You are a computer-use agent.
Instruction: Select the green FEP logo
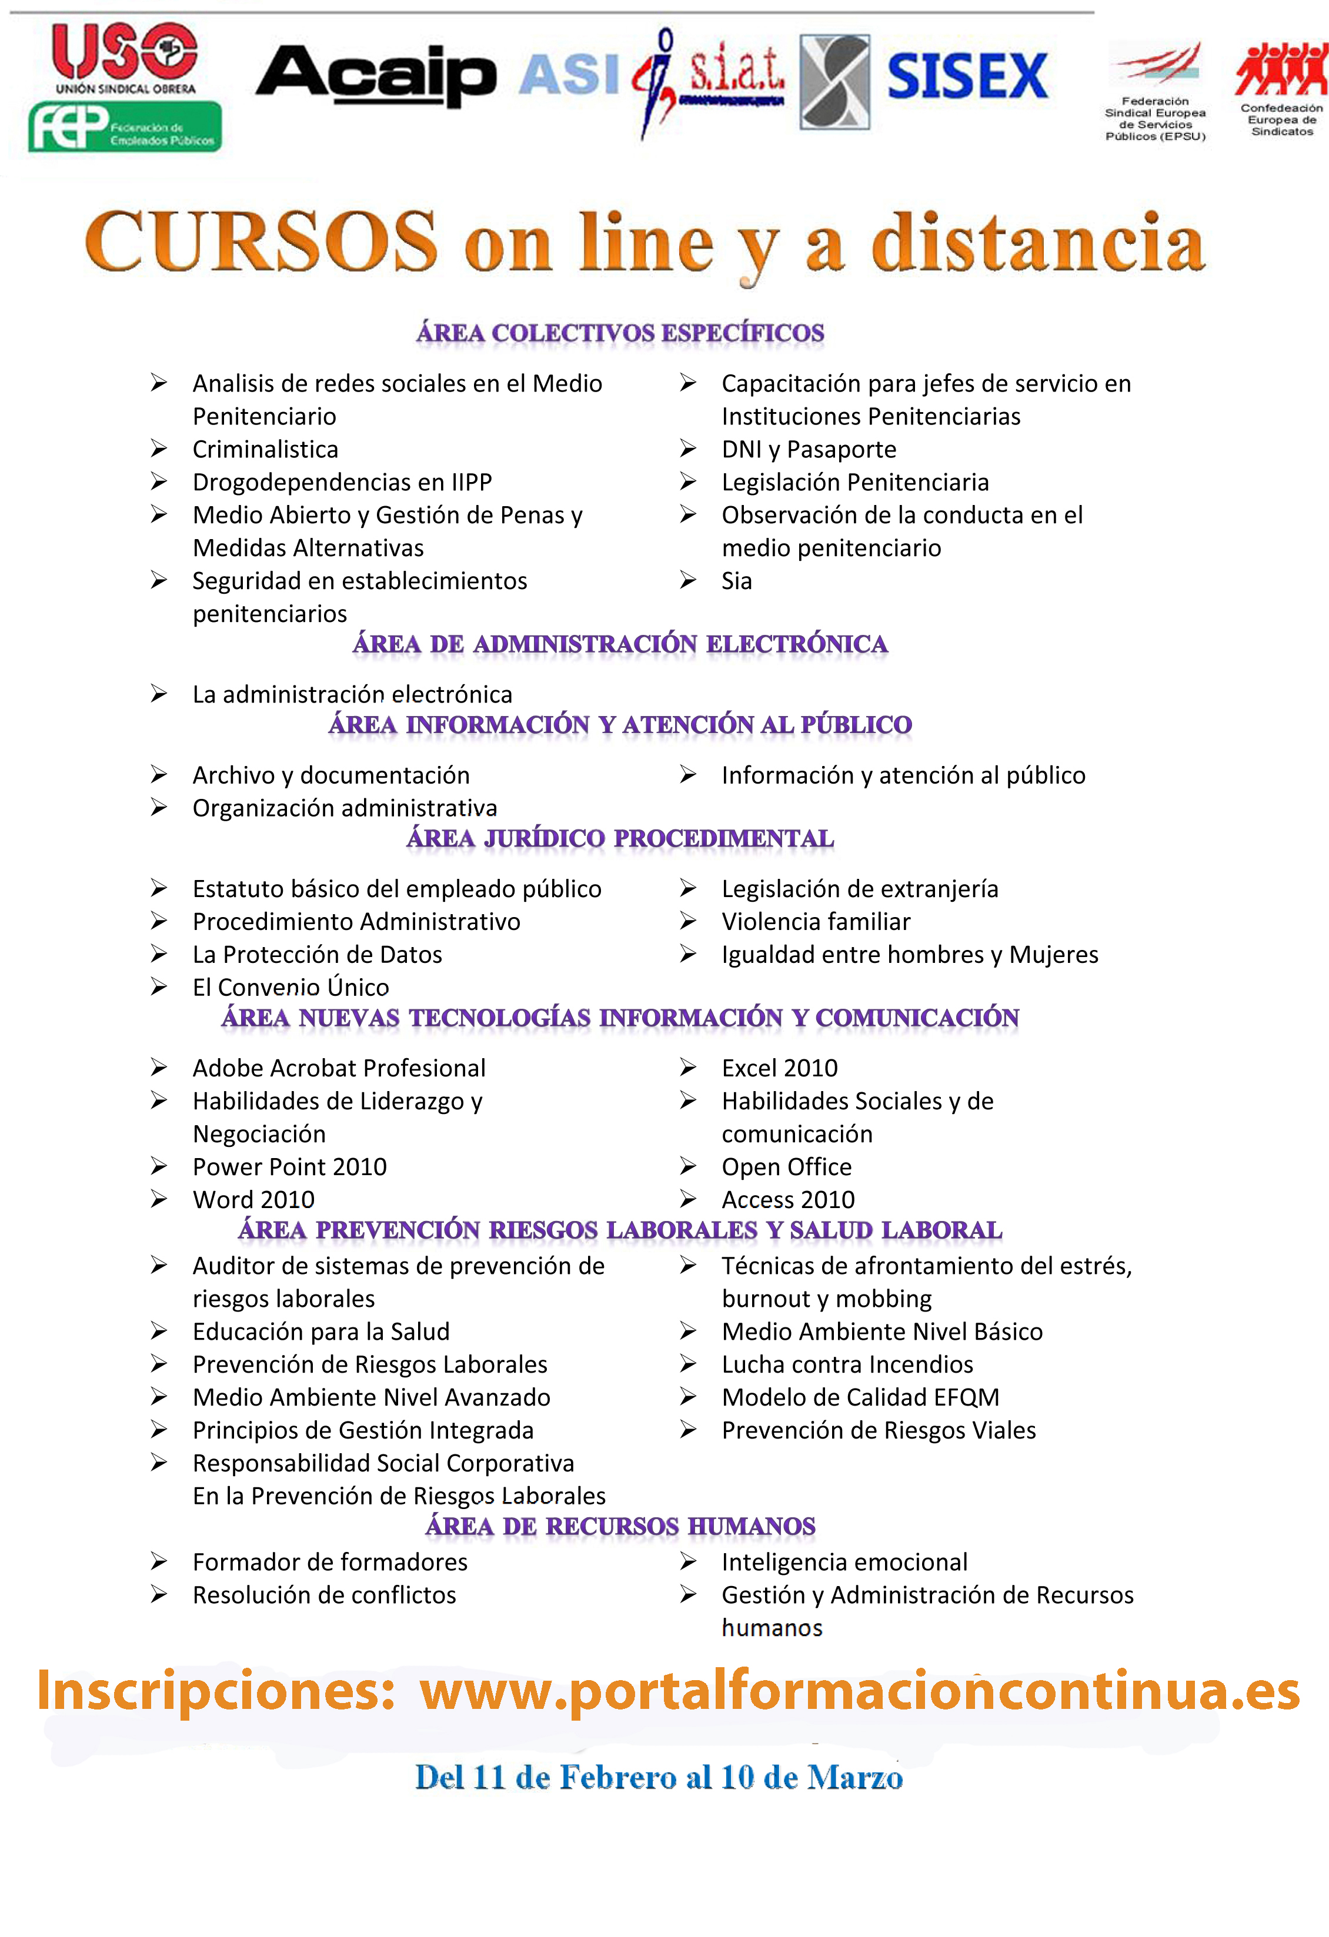coord(125,127)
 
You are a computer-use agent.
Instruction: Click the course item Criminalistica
coord(265,449)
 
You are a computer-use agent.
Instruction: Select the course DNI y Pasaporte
coord(809,449)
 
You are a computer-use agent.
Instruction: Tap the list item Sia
coord(736,581)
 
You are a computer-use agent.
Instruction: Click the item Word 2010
coord(253,1199)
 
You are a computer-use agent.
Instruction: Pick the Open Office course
coord(786,1167)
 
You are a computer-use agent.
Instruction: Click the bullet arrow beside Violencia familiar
coord(688,921)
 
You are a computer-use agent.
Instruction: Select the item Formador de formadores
coord(329,1562)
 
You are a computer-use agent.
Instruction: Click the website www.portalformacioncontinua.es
coord(859,1692)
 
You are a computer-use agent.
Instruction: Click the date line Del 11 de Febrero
coord(659,1778)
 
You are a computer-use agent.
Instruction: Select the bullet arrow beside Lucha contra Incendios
coord(688,1364)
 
